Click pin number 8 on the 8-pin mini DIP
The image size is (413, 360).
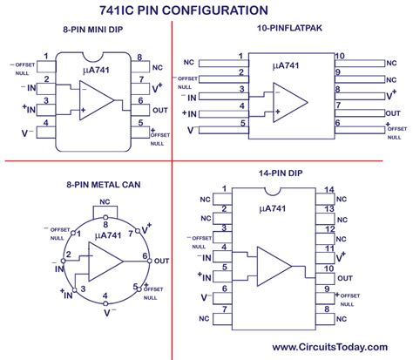(x=138, y=58)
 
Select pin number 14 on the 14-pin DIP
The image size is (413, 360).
(x=328, y=189)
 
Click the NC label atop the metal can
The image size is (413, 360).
(x=105, y=201)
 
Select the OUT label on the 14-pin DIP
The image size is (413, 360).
(x=346, y=278)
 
